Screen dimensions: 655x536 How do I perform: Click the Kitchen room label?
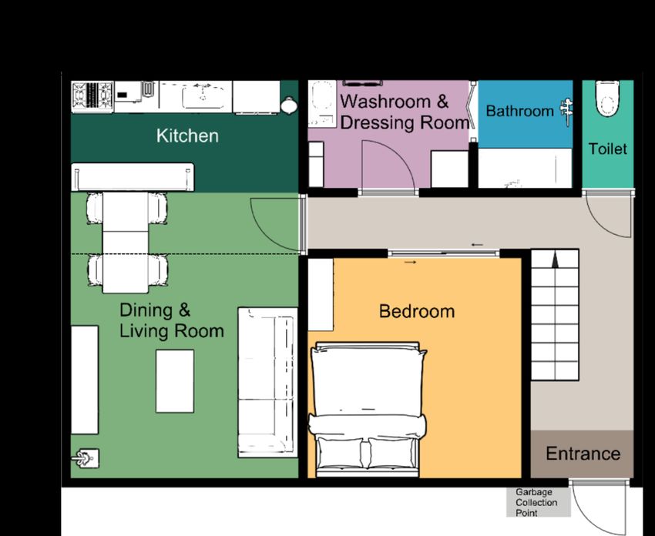(x=187, y=136)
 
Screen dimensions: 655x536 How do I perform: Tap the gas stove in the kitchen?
(x=92, y=96)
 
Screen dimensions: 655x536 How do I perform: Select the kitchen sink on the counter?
(x=202, y=97)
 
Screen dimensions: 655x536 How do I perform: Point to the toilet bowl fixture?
(x=607, y=99)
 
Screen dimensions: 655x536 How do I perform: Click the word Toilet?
(x=608, y=149)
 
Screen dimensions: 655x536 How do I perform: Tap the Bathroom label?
(x=519, y=111)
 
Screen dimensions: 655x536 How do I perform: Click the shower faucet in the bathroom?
(x=566, y=110)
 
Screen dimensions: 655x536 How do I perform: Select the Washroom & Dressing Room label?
(x=404, y=112)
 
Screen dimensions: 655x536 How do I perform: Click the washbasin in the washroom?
(x=322, y=103)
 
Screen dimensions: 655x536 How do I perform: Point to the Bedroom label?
(x=417, y=311)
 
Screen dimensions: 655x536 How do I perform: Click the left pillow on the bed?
(x=339, y=453)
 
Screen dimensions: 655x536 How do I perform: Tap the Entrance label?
(x=583, y=454)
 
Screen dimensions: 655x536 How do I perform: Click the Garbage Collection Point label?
(x=536, y=503)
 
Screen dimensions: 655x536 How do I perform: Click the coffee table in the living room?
(x=175, y=381)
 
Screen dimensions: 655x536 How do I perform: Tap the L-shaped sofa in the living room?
(x=267, y=383)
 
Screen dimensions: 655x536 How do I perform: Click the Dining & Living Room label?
(x=172, y=320)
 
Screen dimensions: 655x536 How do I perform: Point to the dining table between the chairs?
(x=126, y=243)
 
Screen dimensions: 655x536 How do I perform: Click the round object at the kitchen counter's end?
(x=289, y=106)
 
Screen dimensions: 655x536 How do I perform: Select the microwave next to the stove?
(x=128, y=95)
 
